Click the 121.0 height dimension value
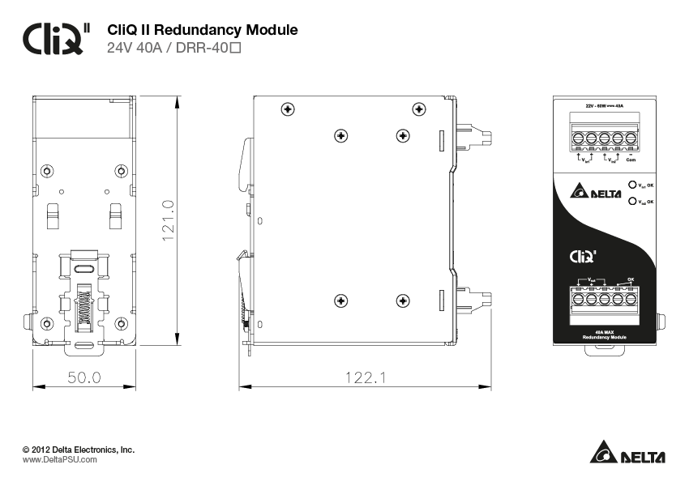tap(169, 219)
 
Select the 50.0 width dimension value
tap(83, 377)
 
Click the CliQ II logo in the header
tap(56, 37)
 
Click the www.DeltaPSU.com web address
tap(59, 459)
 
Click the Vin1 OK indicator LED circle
tap(632, 185)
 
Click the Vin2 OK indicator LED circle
tap(632, 202)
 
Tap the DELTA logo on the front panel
tap(596, 193)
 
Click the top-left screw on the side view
tap(286, 109)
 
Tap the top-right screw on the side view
tap(418, 109)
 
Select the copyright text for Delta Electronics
tap(79, 449)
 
